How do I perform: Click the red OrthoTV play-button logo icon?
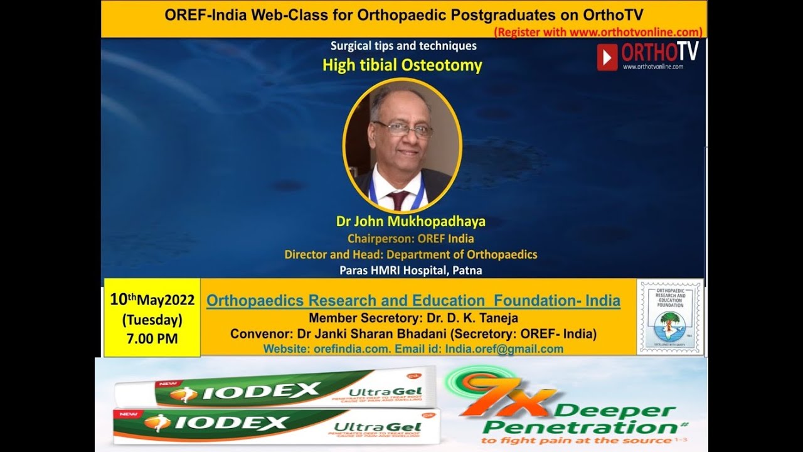[x=607, y=57]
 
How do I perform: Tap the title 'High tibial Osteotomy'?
[x=402, y=65]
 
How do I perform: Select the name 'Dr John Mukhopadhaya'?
[x=411, y=222]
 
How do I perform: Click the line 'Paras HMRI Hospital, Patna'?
[x=411, y=271]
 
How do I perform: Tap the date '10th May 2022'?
[x=152, y=300]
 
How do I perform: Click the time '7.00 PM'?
[x=152, y=339]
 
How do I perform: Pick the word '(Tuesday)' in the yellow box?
[x=152, y=320]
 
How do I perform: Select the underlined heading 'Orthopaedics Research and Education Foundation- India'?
[x=413, y=301]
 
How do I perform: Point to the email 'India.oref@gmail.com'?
[x=504, y=349]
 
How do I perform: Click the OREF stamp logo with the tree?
[x=670, y=317]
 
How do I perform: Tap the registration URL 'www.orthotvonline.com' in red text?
[x=635, y=32]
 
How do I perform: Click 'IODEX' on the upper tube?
[x=262, y=392]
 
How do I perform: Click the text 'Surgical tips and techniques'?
[x=403, y=46]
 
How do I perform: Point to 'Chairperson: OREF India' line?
[x=411, y=239]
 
